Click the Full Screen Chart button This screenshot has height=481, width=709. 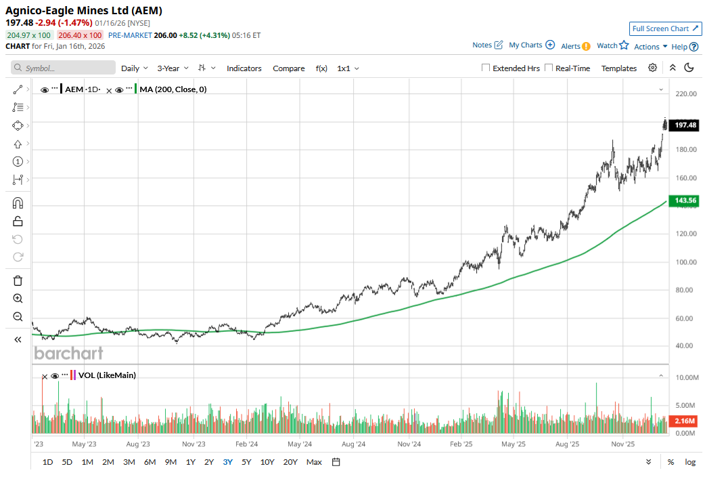pos(665,28)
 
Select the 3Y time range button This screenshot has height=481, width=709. pos(228,462)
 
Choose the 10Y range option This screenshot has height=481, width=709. pos(267,462)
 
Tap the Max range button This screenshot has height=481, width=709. pos(314,462)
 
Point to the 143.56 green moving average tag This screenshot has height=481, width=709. pos(685,201)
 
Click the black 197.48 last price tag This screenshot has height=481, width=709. pos(685,125)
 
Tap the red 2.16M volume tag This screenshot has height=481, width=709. pos(685,421)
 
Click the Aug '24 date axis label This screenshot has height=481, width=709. pos(353,444)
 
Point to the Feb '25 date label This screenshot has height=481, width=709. pos(461,444)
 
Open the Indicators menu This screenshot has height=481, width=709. pos(244,68)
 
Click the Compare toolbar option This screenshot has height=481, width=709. pos(289,68)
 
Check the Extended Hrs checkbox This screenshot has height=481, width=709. pos(486,68)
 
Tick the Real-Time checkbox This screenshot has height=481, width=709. pos(549,68)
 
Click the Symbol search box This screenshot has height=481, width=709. pos(64,68)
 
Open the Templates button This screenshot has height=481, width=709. pos(619,68)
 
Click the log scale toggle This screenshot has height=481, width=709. pos(690,462)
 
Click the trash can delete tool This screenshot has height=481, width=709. pos(18,280)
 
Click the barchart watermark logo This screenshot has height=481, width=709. pos(68,353)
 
